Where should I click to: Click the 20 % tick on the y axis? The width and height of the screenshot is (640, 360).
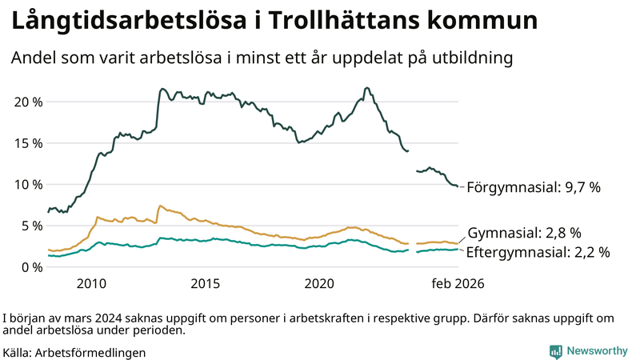click(27, 102)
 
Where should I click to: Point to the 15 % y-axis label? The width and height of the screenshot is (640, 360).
click(27, 143)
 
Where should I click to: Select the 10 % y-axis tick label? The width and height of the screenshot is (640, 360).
click(27, 184)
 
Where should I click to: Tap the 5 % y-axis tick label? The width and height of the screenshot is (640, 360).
click(30, 226)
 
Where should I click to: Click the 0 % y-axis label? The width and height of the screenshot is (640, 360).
click(30, 266)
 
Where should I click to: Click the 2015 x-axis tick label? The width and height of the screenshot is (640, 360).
click(206, 283)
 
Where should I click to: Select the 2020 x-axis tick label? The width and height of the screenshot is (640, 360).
click(320, 283)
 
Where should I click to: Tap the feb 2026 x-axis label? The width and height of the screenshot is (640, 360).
click(458, 283)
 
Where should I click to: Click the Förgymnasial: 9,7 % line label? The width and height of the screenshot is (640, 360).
click(533, 187)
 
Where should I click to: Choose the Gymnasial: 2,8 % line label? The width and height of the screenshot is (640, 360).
click(523, 233)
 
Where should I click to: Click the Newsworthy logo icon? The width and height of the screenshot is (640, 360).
click(555, 350)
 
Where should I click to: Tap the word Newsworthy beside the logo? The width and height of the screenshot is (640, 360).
click(597, 350)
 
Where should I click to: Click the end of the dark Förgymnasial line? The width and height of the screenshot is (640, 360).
click(458, 186)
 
